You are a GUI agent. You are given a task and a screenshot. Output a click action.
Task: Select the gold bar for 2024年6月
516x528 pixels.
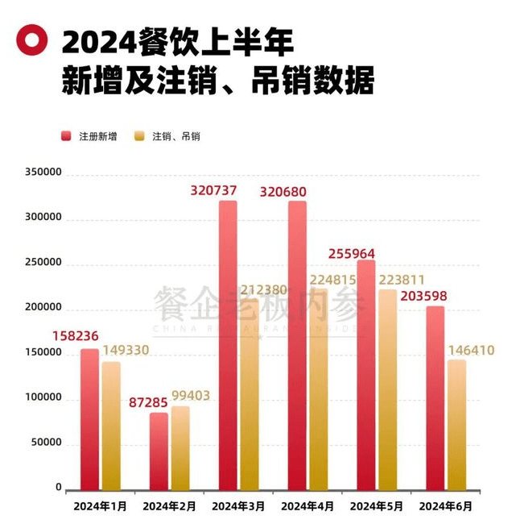pyautogui.click(x=456, y=424)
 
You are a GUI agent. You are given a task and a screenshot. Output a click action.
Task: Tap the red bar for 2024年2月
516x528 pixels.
pyautogui.click(x=159, y=451)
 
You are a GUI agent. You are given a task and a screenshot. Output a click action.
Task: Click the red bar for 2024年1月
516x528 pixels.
pyautogui.click(x=90, y=418)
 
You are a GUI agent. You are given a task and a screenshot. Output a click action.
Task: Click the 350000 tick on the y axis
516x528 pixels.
pyautogui.click(x=43, y=173)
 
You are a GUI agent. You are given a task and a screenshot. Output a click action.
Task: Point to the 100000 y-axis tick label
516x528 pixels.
pyautogui.click(x=43, y=398)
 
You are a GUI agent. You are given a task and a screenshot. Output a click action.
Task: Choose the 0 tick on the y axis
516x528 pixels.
pyautogui.click(x=59, y=488)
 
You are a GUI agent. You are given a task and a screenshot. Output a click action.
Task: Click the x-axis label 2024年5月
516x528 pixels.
pyautogui.click(x=378, y=506)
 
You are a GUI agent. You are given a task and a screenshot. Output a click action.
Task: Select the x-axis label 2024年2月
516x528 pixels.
pyautogui.click(x=170, y=506)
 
